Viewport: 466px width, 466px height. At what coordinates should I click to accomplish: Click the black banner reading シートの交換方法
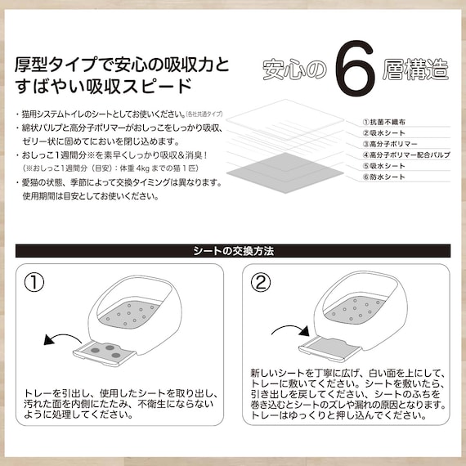click(232, 250)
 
